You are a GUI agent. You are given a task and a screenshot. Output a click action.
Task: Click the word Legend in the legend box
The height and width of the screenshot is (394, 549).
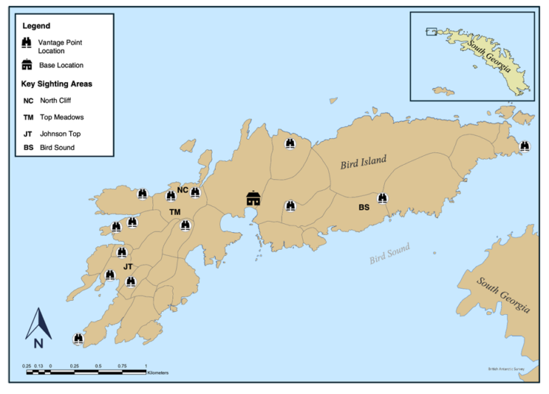[36, 25]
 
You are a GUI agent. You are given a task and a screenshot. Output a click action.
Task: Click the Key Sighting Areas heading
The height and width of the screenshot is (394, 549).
[57, 84]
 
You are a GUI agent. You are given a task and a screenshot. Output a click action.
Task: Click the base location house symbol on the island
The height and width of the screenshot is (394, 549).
[254, 198]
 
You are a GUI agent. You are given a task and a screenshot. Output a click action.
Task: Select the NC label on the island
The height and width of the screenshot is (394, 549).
[182, 190]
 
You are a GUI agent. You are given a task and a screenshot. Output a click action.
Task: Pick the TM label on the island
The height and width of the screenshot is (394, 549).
[175, 213]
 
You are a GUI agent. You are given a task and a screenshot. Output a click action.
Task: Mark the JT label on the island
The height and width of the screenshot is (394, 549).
[128, 266]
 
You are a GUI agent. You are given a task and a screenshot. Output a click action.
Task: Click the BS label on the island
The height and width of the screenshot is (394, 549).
[365, 207]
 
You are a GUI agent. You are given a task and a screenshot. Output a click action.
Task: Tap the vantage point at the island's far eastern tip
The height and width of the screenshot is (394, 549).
[524, 146]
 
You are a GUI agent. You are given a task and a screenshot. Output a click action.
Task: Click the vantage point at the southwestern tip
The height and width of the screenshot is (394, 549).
[78, 339]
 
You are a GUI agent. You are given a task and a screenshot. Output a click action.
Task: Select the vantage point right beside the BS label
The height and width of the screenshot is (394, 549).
[383, 198]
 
